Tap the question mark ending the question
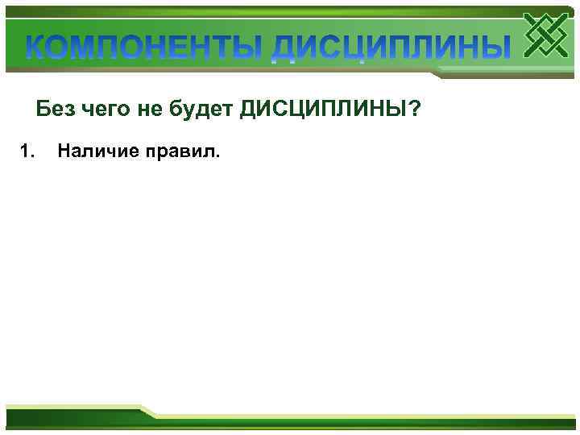pos(414,110)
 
